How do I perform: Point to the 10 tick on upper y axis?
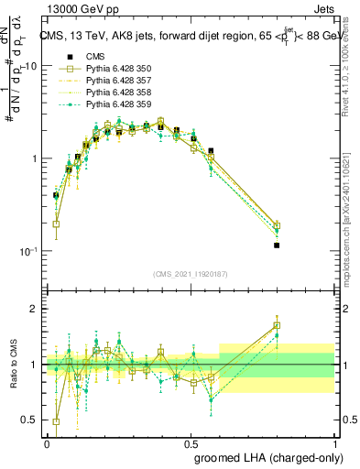point(30,66)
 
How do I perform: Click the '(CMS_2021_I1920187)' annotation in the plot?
point(191,274)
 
